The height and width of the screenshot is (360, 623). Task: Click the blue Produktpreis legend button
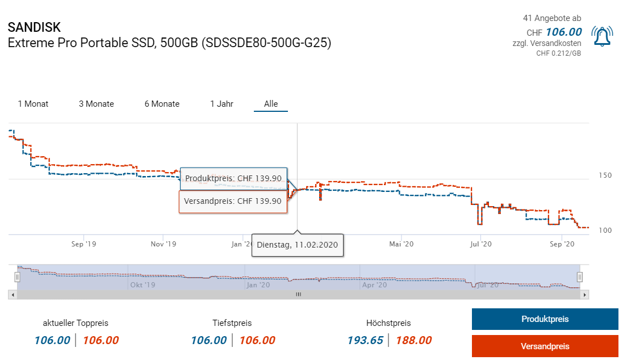tap(545, 319)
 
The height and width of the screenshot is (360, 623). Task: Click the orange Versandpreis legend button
tap(545, 346)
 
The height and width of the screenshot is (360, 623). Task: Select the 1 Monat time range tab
tap(33, 104)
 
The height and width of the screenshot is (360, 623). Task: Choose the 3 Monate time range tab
tap(96, 104)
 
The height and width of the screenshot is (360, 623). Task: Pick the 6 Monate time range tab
tap(162, 104)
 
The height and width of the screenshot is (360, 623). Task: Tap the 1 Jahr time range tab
tap(221, 104)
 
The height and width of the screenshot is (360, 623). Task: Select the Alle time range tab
tap(271, 104)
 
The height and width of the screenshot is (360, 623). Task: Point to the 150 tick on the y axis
tap(605, 175)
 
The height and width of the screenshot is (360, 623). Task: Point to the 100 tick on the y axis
tap(605, 230)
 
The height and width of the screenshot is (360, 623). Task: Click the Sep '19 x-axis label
tap(83, 244)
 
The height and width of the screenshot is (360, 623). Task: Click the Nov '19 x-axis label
tap(164, 244)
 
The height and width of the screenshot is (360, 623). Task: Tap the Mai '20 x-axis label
tap(402, 244)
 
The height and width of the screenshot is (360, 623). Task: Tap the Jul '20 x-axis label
tap(481, 244)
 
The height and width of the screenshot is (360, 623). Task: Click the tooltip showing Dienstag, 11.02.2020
tap(298, 245)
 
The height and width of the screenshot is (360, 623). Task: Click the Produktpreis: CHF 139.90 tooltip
tap(233, 178)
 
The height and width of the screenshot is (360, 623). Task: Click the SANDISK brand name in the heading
tap(34, 27)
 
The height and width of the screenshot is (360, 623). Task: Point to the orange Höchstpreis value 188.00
tap(413, 340)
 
